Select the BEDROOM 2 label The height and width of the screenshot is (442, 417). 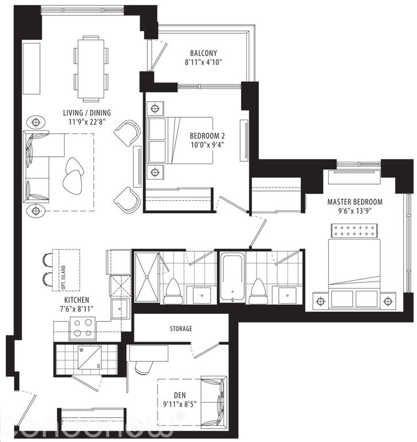pos(207,136)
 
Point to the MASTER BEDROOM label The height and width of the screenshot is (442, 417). pos(355,202)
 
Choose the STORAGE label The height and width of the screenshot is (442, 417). pos(180,329)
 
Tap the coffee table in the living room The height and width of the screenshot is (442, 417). pos(73,174)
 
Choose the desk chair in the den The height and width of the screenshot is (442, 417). pos(143,366)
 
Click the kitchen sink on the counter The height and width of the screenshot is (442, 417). pos(121,309)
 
